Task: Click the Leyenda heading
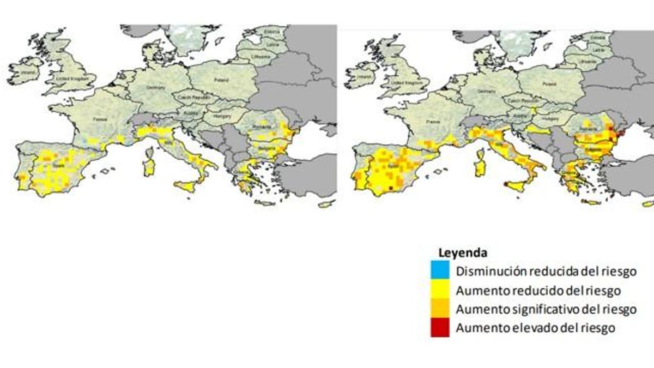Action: (x=462, y=253)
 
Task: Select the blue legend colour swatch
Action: (x=440, y=270)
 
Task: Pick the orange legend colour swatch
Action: (x=440, y=309)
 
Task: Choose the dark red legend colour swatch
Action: (x=440, y=329)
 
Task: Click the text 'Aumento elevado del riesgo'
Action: (x=536, y=328)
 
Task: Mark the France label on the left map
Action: (x=100, y=118)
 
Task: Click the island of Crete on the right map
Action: (x=592, y=202)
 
